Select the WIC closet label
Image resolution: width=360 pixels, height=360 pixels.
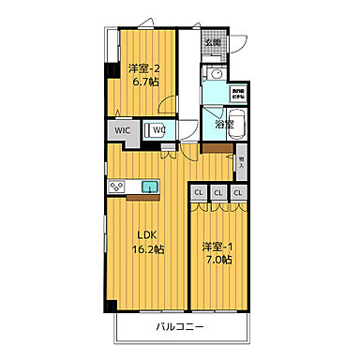coord(122,130)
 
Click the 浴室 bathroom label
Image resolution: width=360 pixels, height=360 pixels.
coord(224,123)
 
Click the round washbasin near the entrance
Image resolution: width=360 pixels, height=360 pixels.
coord(216,73)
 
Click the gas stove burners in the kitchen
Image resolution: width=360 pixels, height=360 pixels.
coord(118,187)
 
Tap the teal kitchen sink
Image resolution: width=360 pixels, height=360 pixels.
coord(150,188)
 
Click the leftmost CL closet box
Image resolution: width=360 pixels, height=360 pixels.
coord(199,194)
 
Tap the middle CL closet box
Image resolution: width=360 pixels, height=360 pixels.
coord(218,194)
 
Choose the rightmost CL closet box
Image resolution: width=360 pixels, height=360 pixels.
coord(238,194)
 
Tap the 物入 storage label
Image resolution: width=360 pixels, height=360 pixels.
coord(241,161)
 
